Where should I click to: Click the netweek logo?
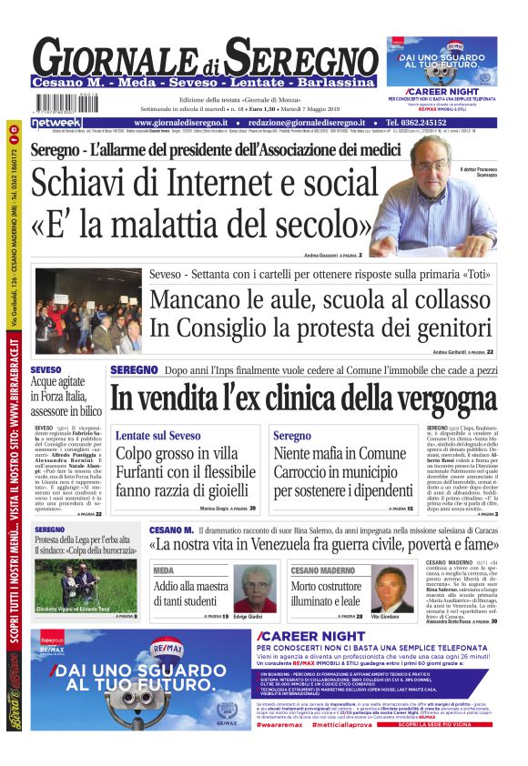[56, 122]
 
